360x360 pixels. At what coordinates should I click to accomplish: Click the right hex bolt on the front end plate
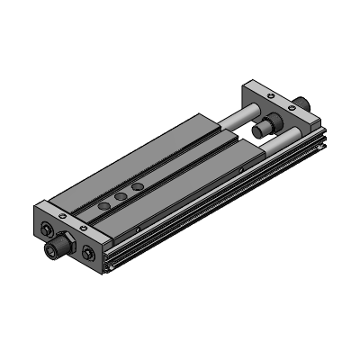(x=88, y=253)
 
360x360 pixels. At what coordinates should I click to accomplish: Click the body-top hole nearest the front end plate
(x=104, y=206)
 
